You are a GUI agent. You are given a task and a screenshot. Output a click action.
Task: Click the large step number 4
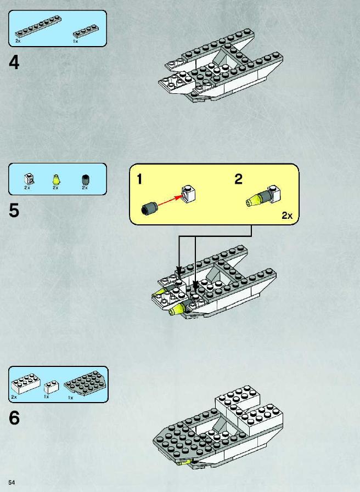(14, 63)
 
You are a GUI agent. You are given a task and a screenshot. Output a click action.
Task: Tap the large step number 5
(14, 210)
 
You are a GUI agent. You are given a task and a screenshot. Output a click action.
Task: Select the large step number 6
(14, 418)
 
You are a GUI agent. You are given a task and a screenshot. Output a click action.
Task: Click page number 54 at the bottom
(12, 482)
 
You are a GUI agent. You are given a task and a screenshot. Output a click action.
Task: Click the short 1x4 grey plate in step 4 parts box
(86, 31)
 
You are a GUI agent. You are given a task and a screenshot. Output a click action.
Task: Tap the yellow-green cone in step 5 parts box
(56, 180)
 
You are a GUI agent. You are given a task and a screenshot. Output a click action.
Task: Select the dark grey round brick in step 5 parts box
(85, 180)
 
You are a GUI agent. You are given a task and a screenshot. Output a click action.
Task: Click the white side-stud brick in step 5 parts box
(29, 179)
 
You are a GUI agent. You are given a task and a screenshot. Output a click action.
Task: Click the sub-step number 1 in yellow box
(139, 179)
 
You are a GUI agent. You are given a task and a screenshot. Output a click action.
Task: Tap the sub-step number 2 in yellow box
(239, 179)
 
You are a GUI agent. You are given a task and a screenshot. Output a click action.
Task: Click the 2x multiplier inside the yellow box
(287, 216)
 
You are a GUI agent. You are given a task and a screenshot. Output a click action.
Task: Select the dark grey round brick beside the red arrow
(149, 208)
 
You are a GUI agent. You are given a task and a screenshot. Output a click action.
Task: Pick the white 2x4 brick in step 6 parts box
(26, 383)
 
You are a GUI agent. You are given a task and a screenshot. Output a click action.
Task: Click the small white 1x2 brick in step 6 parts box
(51, 387)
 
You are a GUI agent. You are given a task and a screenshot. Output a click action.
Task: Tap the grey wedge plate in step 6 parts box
(86, 383)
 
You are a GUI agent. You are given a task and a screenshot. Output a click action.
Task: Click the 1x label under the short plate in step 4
(75, 41)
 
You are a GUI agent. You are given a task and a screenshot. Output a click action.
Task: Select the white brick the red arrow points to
(189, 194)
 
